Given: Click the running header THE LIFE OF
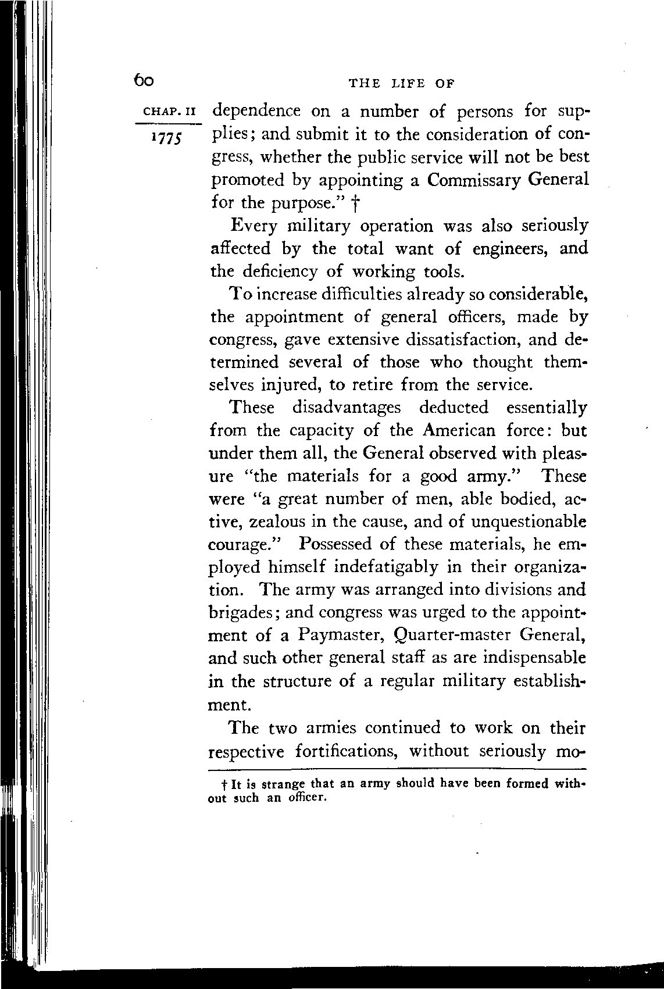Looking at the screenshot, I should point(401,84).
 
